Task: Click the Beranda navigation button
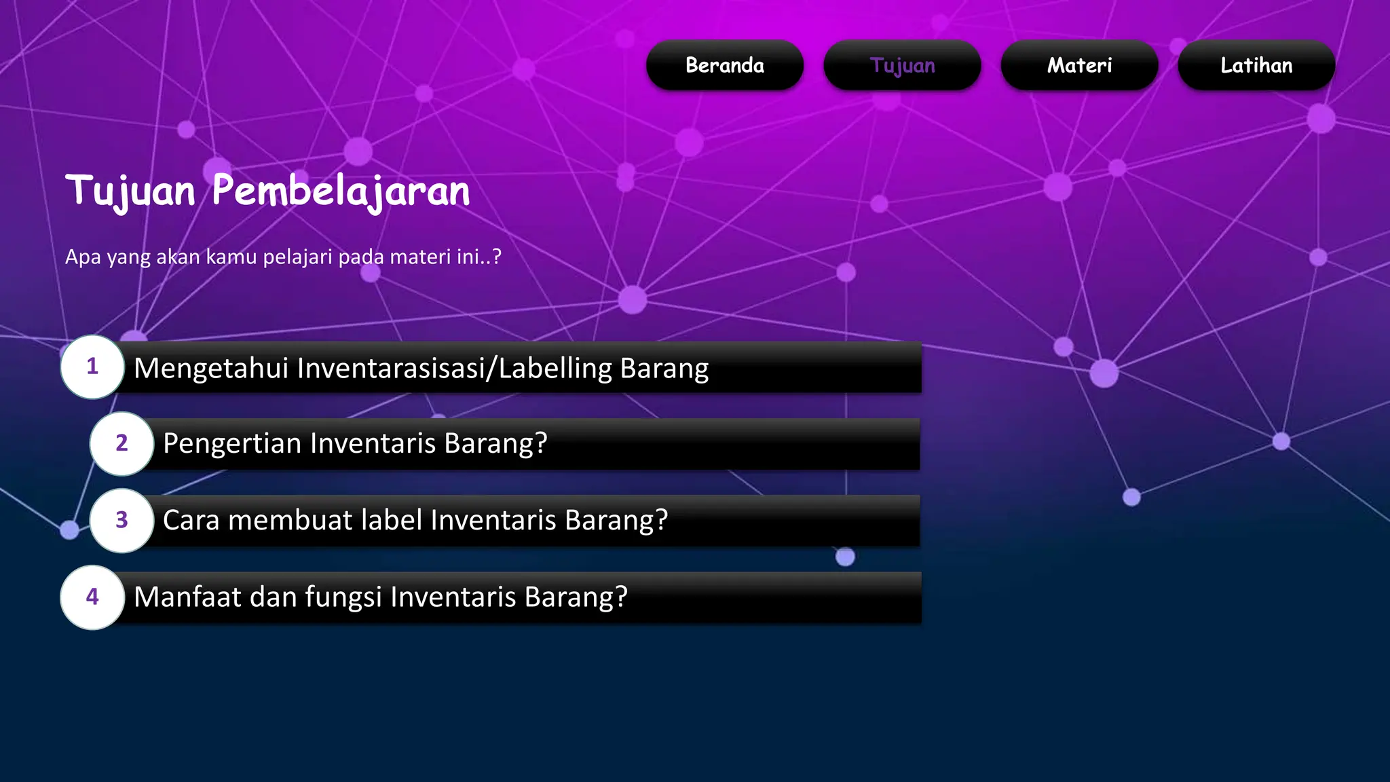pyautogui.click(x=724, y=65)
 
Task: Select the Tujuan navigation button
pyautogui.click(x=902, y=65)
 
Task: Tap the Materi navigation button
pyautogui.click(x=1079, y=65)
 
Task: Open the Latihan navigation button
pyautogui.click(x=1256, y=65)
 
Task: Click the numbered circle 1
pyautogui.click(x=92, y=367)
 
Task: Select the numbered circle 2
pyautogui.click(x=121, y=443)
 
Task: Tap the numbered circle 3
pyautogui.click(x=121, y=520)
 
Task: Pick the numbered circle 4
pyautogui.click(x=92, y=597)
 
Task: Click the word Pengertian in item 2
pyautogui.click(x=232, y=443)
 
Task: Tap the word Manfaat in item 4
pyautogui.click(x=187, y=597)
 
